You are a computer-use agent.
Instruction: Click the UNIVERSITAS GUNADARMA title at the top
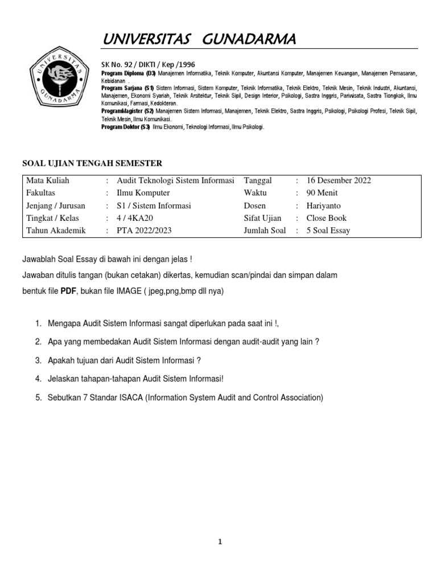pyautogui.click(x=199, y=39)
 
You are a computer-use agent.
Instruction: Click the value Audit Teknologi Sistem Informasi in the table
pyautogui.click(x=171, y=180)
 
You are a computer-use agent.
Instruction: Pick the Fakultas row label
pyautogui.click(x=40, y=193)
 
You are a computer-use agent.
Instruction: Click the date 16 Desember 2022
pyautogui.click(x=339, y=180)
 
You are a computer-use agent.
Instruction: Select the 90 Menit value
pyautogui.click(x=322, y=193)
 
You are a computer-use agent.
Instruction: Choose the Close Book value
pyautogui.click(x=326, y=218)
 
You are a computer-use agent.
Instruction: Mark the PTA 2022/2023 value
pyautogui.click(x=136, y=231)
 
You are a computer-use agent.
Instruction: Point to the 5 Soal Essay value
pyautogui.click(x=328, y=231)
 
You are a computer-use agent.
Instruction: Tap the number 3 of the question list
pyautogui.click(x=38, y=360)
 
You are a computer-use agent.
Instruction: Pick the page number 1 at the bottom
pyautogui.click(x=220, y=542)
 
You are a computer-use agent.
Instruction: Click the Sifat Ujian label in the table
pyautogui.click(x=262, y=218)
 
